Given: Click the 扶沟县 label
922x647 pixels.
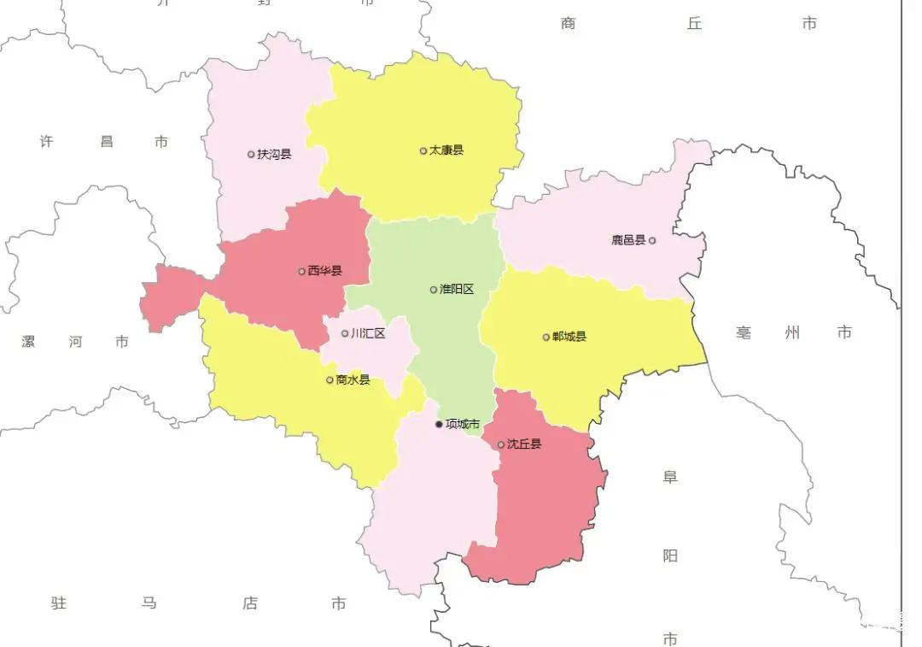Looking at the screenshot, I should coord(274,155).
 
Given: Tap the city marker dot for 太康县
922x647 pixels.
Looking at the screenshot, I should coord(423,150).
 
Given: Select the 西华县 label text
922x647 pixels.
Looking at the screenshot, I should coord(324,271).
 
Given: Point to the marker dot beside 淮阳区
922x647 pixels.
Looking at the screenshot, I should coord(434,289).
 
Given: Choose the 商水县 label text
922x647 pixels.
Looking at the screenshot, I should coord(353,379).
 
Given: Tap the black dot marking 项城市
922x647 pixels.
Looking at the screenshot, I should coord(439,424).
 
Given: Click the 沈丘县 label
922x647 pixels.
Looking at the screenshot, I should coord(524,444).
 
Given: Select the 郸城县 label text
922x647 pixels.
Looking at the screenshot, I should coord(569,337).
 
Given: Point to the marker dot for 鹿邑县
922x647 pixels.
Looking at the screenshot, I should coord(652,240).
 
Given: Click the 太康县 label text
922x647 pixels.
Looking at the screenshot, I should coord(446,150).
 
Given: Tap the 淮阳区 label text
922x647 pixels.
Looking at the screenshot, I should coord(457,289).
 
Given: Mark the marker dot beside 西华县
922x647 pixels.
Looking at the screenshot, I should coord(301,272).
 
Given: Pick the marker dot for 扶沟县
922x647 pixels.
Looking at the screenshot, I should coord(251,155).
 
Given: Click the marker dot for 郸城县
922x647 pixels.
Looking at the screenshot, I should coord(546,337).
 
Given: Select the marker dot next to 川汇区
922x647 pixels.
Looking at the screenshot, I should coord(345,333).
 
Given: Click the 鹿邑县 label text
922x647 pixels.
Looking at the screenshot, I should coord(628,240).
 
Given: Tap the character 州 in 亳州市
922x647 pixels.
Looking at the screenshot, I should coord(793,332).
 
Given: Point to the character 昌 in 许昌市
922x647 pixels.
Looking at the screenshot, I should coord(107,142).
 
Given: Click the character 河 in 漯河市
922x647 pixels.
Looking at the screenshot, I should coord(76,342).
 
